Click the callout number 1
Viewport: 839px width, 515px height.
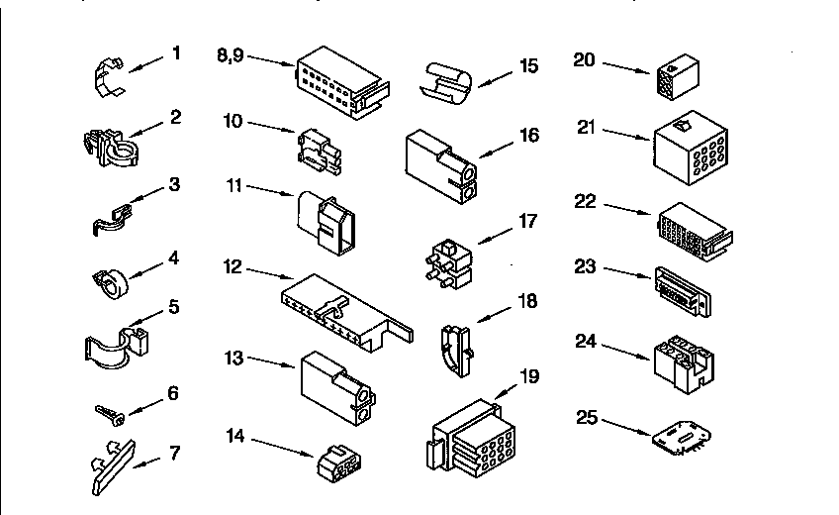click(x=176, y=53)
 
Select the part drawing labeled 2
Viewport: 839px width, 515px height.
click(x=111, y=148)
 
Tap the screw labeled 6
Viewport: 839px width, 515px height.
click(x=110, y=414)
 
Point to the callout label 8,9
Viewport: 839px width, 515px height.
click(x=231, y=55)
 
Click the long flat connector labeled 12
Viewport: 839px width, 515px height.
click(x=346, y=313)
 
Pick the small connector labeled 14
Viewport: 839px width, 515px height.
click(x=339, y=463)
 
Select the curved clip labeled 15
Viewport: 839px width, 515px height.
click(x=445, y=83)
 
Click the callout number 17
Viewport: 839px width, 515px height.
click(x=527, y=221)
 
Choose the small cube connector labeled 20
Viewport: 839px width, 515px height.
click(x=678, y=76)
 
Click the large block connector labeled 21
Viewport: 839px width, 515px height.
click(x=691, y=149)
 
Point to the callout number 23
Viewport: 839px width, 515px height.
click(x=585, y=266)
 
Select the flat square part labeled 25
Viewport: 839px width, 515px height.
click(x=682, y=438)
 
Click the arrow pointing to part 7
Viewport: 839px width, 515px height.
click(x=146, y=463)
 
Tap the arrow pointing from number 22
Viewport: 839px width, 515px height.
click(x=627, y=209)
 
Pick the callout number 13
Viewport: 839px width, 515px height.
click(x=233, y=358)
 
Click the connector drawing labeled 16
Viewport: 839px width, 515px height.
click(x=441, y=166)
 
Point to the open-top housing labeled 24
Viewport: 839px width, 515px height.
click(x=684, y=364)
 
